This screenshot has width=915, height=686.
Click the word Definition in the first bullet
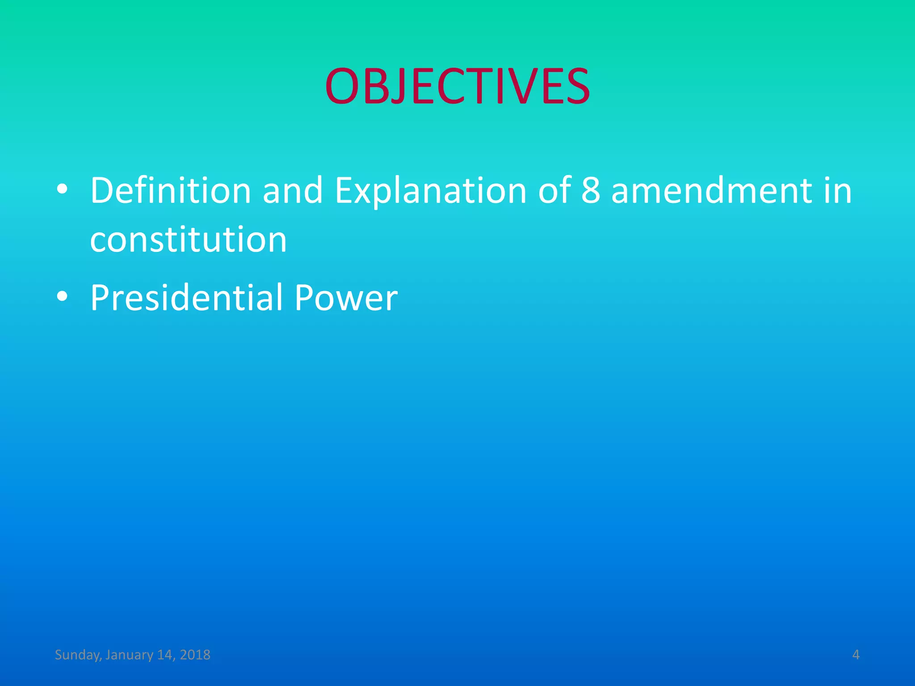pos(171,191)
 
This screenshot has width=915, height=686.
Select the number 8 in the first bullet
pos(591,191)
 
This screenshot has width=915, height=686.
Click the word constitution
pos(188,240)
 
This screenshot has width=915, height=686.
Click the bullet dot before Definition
pos(63,189)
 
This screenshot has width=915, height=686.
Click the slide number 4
pos(856,655)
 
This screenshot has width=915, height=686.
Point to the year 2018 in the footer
pos(195,655)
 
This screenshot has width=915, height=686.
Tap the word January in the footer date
pos(129,655)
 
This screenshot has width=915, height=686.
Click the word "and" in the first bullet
pos(293,191)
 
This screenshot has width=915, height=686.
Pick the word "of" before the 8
pos(554,191)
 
